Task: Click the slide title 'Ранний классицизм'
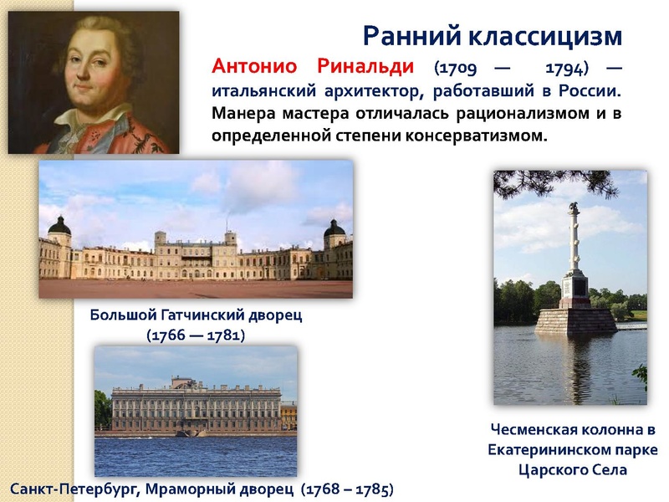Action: click(x=493, y=36)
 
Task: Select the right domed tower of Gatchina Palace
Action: click(x=334, y=230)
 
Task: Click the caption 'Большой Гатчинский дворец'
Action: click(x=195, y=315)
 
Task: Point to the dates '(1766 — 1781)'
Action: click(x=195, y=335)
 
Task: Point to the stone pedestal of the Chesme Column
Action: click(x=575, y=320)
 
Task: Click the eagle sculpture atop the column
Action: click(x=575, y=207)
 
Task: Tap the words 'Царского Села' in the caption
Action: click(x=573, y=470)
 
